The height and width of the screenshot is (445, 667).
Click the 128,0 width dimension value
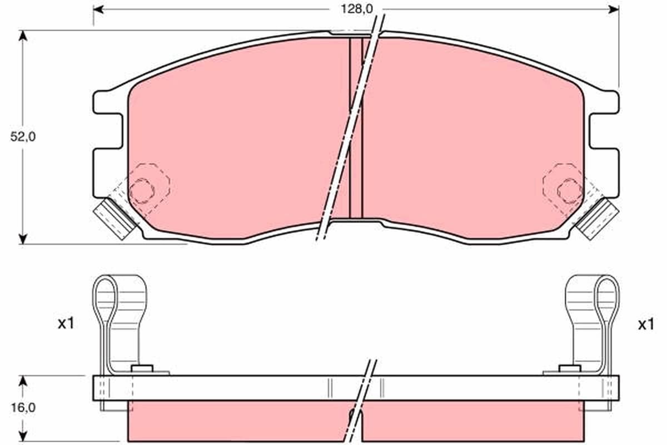coord(356,9)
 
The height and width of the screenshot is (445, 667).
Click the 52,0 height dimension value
coord(23,137)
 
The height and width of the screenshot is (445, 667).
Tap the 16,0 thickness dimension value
coord(23,407)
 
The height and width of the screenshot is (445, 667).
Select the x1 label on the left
coord(66,323)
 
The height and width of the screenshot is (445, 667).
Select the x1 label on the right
coord(646,324)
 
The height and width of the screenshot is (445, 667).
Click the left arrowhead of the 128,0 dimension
coord(98,9)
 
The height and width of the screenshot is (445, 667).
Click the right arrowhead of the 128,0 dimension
coord(614,9)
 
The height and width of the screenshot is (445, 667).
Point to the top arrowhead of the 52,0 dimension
coord(23,36)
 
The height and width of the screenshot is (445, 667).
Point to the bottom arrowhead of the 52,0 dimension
coord(23,239)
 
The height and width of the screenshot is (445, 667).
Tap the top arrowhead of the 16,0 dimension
coord(23,381)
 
